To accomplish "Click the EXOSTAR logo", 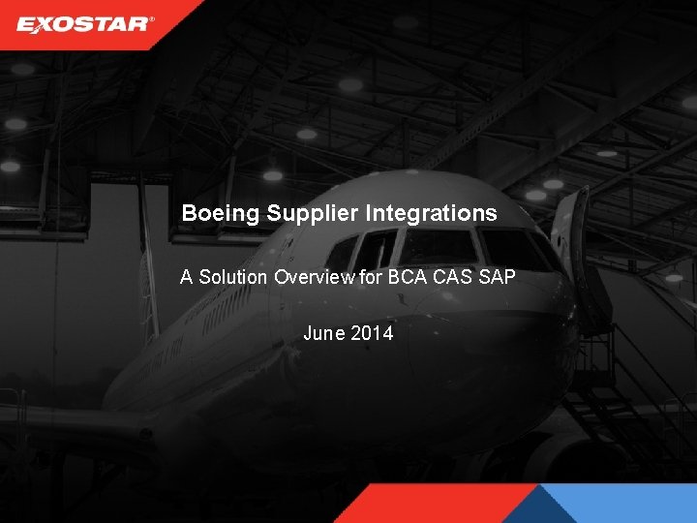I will point(84,23).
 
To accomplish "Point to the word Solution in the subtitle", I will point(232,277).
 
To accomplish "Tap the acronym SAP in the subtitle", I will point(497,277).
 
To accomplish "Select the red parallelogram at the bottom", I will point(436,504).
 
